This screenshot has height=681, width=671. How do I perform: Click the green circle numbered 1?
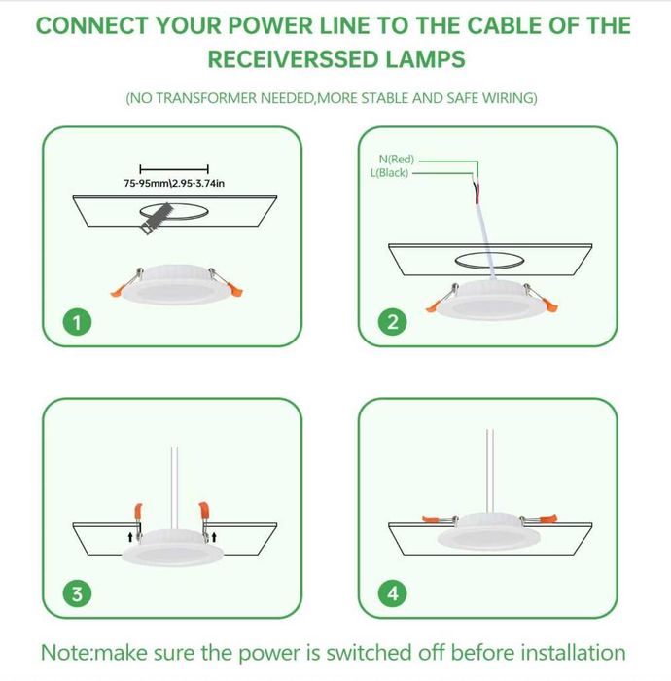[x=77, y=322]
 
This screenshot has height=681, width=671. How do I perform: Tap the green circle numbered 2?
[x=393, y=322]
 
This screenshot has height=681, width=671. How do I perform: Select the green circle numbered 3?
[x=77, y=593]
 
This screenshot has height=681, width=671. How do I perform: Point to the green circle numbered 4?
[x=393, y=593]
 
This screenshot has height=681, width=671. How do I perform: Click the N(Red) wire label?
[x=397, y=160]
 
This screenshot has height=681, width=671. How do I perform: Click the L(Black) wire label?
[x=389, y=173]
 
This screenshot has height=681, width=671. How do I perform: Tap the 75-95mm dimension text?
[x=174, y=183]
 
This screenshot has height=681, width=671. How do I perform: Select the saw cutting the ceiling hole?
[x=157, y=219]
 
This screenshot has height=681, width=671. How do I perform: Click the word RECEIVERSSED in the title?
[x=294, y=59]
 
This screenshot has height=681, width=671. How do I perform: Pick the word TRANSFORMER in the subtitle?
[x=206, y=98]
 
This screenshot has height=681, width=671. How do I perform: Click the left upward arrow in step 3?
[x=130, y=537]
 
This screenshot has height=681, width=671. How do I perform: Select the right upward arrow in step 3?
[x=214, y=537]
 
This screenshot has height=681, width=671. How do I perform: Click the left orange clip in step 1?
[x=118, y=290]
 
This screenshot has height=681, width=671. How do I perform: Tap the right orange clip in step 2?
[x=550, y=305]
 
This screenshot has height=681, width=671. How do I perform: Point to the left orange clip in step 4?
[x=431, y=519]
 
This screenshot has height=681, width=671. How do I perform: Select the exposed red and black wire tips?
[x=477, y=191]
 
